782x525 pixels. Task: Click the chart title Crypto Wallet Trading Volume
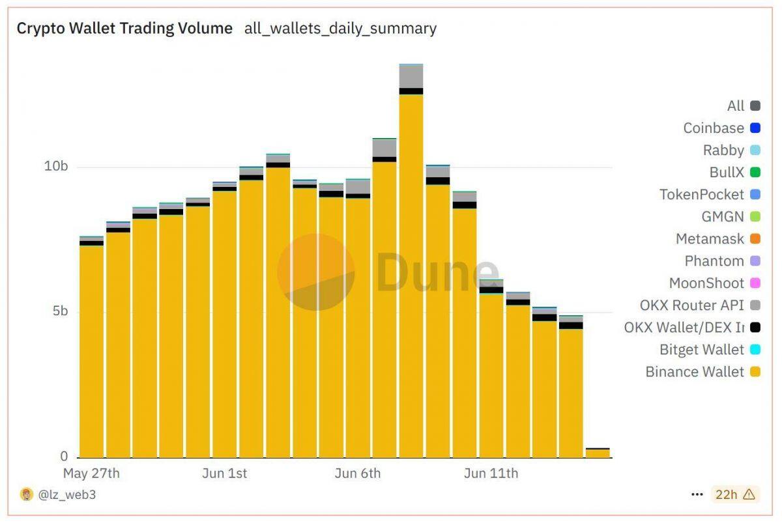[x=124, y=29]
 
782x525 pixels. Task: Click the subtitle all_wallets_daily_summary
[x=340, y=29]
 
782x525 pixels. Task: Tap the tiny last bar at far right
[x=597, y=453]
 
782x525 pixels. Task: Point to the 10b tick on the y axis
[x=56, y=166]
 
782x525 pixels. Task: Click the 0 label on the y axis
[x=64, y=456]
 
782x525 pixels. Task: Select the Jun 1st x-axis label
[x=225, y=474]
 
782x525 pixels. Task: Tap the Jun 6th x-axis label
[x=357, y=474]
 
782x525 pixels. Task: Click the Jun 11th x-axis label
[x=491, y=474]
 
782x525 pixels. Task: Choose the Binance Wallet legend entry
[x=695, y=372]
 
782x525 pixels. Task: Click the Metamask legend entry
[x=710, y=239]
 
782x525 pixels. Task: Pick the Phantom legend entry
[x=714, y=261]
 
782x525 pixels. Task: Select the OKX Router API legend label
[x=691, y=305]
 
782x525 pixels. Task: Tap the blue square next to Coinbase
[x=755, y=128]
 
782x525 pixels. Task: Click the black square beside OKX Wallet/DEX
[x=755, y=328]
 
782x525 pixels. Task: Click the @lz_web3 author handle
[x=66, y=495]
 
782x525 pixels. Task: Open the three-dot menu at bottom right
[x=697, y=495]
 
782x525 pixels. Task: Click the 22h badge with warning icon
[x=735, y=495]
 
